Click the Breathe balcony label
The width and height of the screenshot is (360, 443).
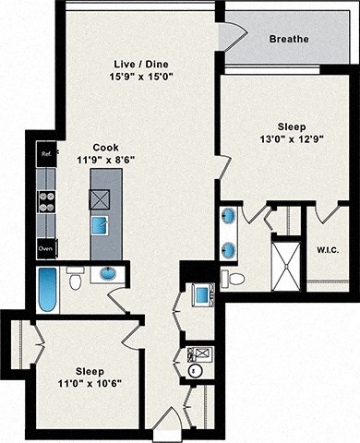tap(288, 40)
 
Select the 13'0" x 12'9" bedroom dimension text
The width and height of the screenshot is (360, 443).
tap(284, 144)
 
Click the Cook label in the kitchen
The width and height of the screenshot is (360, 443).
tap(104, 146)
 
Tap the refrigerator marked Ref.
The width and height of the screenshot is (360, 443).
tap(46, 155)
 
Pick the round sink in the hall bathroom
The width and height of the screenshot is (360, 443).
tap(108, 274)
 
